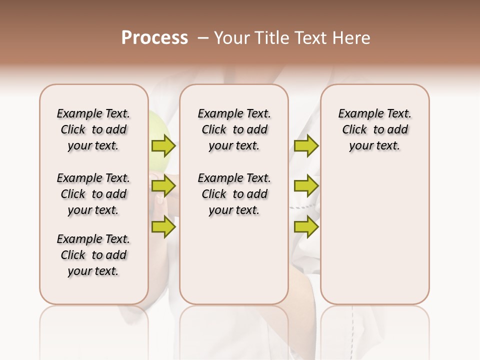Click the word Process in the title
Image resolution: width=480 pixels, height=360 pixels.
click(x=154, y=38)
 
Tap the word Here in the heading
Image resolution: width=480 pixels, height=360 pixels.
click(x=350, y=38)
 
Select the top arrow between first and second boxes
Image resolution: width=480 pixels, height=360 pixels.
click(x=163, y=145)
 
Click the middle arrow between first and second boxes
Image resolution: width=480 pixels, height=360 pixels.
click(x=163, y=186)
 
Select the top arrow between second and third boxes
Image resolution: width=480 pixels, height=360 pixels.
click(x=306, y=145)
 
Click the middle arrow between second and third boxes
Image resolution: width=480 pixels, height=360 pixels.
click(x=306, y=186)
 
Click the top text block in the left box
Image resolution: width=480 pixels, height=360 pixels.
click(x=93, y=129)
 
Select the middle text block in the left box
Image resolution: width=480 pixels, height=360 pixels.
click(x=93, y=194)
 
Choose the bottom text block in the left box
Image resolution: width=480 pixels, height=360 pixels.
click(x=93, y=255)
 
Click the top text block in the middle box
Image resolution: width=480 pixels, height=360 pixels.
click(x=234, y=129)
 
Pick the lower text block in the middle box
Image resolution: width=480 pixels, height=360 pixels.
click(x=234, y=194)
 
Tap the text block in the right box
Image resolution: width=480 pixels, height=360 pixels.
click(x=375, y=129)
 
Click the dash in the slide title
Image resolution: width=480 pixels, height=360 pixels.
click(x=202, y=38)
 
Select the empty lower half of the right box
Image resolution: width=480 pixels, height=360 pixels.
click(x=375, y=235)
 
